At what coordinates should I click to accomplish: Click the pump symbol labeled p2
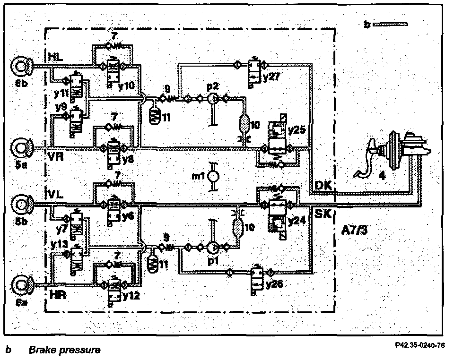213,99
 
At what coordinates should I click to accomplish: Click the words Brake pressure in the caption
64,350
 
